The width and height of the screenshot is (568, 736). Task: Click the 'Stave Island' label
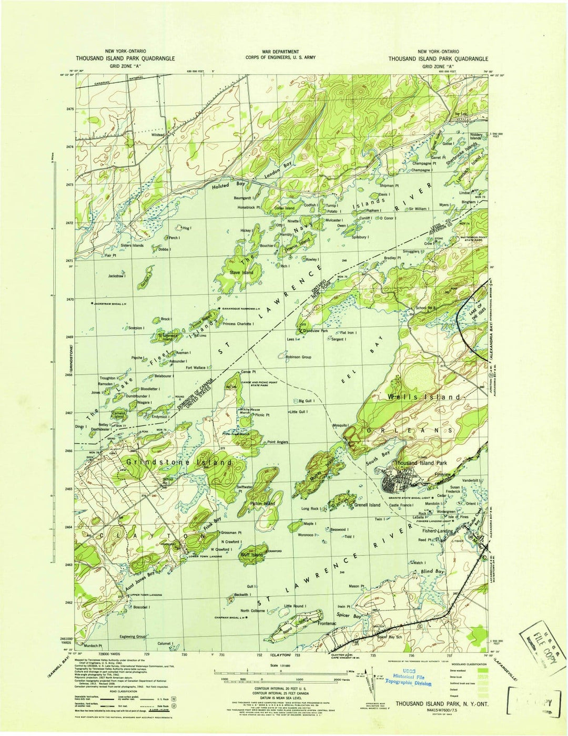pyautogui.click(x=241, y=272)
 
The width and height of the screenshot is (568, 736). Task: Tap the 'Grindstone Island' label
pyautogui.click(x=179, y=462)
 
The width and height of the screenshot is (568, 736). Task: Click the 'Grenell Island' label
pyautogui.click(x=367, y=505)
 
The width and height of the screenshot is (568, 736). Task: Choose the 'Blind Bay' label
pyautogui.click(x=433, y=571)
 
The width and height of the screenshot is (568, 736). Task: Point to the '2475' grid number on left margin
pyautogui.click(x=70, y=109)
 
